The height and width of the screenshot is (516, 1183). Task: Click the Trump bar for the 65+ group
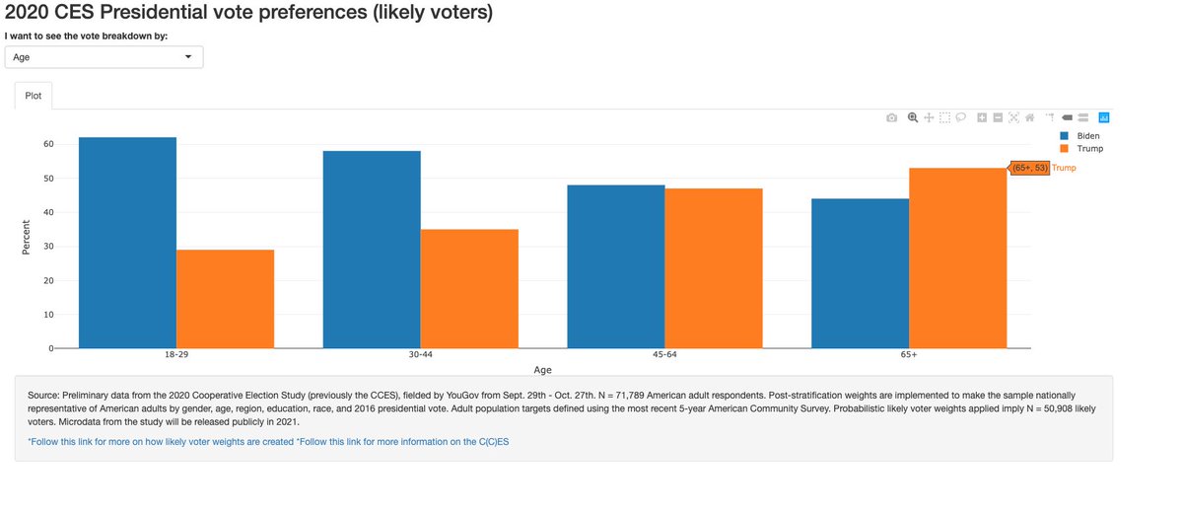pos(957,258)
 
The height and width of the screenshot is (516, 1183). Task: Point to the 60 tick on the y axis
pos(46,144)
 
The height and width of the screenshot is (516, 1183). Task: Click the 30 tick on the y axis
pos(46,247)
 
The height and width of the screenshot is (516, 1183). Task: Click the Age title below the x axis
pos(542,370)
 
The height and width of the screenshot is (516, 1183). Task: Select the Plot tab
pos(34,97)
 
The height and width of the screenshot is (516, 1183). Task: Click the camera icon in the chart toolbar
pos(891,117)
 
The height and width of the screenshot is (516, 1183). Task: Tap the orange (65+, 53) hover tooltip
pos(1029,169)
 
